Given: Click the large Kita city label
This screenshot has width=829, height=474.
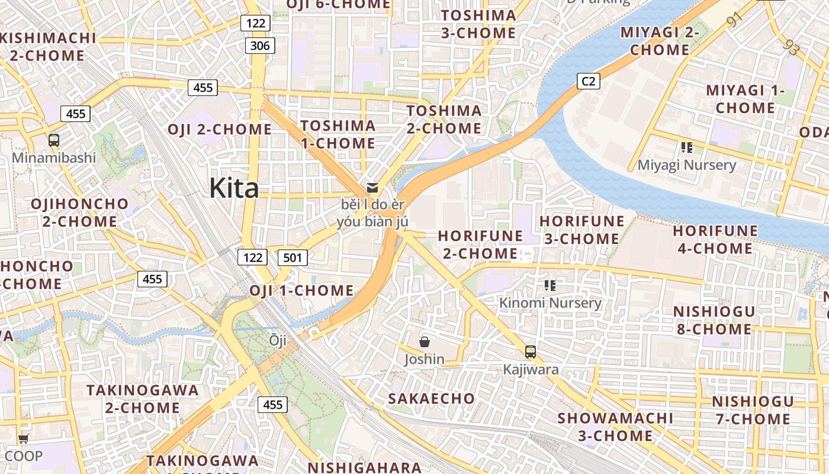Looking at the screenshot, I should [x=234, y=188].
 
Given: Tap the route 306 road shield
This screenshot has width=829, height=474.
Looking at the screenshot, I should [x=260, y=46].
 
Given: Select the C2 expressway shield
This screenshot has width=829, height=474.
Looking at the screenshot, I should [x=588, y=81].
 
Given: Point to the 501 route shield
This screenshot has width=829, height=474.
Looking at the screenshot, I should [x=293, y=257].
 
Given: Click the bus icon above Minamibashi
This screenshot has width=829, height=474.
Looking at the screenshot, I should [x=54, y=140].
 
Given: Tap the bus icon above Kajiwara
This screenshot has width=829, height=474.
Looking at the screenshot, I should [x=531, y=352].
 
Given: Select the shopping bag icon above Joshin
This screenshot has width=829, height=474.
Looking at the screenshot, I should [x=425, y=342].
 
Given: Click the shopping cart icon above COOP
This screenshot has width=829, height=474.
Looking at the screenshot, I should [x=23, y=439].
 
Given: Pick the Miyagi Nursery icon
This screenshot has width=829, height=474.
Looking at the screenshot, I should [x=687, y=147].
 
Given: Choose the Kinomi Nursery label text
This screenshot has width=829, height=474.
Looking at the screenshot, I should [x=550, y=303].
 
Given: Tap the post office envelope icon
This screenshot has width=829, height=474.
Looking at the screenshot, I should [x=372, y=188].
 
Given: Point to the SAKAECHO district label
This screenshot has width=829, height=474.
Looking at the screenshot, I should [x=431, y=398].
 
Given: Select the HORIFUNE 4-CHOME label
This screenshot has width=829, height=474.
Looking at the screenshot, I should [x=715, y=239].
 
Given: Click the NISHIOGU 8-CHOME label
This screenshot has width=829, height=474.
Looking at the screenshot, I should [x=714, y=320].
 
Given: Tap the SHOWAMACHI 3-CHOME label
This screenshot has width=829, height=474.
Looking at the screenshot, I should [x=615, y=427].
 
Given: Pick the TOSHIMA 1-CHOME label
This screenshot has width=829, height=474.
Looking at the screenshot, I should [x=338, y=134].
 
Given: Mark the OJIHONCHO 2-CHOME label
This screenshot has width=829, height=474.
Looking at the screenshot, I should [x=79, y=212].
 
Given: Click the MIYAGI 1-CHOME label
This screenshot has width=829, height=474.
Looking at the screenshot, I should [x=745, y=99].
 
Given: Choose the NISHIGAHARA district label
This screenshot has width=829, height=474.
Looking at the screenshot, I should [x=364, y=467].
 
